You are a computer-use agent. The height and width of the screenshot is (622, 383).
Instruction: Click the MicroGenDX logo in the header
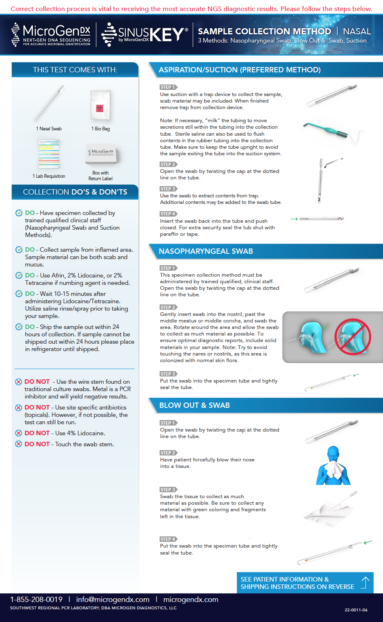[x=51, y=35]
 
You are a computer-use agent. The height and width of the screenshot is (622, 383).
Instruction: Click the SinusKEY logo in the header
[x=145, y=35]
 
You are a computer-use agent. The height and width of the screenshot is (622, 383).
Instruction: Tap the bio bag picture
[x=100, y=105]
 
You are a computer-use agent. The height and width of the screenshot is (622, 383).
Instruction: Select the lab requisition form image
[x=49, y=154]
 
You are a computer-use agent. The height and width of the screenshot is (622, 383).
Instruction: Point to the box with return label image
[x=102, y=154]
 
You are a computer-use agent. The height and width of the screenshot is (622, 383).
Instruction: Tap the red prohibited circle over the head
[x=352, y=337]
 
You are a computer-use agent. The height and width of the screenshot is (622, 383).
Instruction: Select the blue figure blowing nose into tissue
[x=334, y=465]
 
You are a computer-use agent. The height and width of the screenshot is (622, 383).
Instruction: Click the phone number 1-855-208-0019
[x=36, y=600]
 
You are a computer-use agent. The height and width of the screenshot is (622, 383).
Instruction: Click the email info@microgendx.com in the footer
[x=113, y=600]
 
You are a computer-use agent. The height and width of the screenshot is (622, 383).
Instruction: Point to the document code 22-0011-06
[x=356, y=610]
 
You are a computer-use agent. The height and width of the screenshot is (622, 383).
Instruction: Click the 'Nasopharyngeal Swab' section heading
[x=206, y=251]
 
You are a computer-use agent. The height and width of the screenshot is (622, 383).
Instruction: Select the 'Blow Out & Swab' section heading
[x=194, y=405]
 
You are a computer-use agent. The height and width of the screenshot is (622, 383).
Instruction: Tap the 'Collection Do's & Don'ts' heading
[x=75, y=192]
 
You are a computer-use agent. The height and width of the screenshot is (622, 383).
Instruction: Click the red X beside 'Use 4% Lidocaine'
[x=18, y=433]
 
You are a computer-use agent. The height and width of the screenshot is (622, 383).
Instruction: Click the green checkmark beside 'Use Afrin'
[x=19, y=275]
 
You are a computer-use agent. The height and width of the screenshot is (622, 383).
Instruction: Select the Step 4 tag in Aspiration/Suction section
[x=168, y=214]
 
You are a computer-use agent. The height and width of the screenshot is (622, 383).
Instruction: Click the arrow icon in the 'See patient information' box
[x=365, y=582]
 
